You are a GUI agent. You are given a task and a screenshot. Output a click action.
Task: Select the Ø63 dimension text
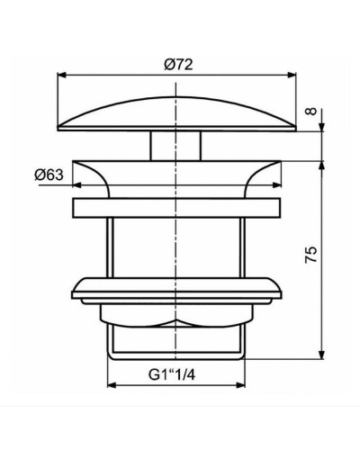point(52,175)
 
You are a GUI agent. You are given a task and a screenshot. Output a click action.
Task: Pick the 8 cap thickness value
point(311,112)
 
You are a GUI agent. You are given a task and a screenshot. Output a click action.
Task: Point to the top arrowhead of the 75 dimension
point(322,162)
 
